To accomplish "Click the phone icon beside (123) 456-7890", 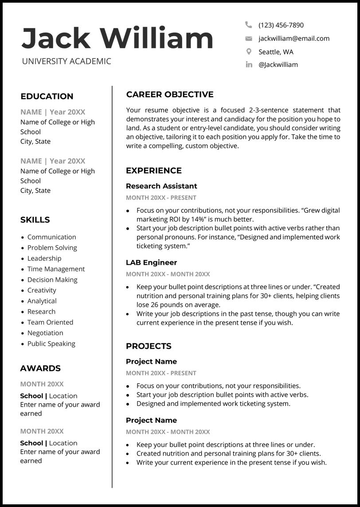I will (x=249, y=25).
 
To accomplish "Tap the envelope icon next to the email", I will (x=249, y=39).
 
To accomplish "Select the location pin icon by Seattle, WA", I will (x=249, y=51).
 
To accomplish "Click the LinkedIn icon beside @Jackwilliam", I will (x=249, y=65).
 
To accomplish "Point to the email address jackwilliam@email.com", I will (x=294, y=39).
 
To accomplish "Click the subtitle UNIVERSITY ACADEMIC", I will (x=67, y=61).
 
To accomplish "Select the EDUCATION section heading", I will (x=47, y=96).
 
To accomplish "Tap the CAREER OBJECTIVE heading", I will (x=170, y=94).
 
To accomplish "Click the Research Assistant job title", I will (x=161, y=186).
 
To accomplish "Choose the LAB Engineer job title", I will (x=151, y=263).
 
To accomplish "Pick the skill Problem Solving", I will (x=52, y=248).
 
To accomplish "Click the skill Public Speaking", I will (x=51, y=343).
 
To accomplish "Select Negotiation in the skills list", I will (x=45, y=333).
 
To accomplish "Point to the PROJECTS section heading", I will (x=149, y=346).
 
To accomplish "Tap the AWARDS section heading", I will (x=40, y=368).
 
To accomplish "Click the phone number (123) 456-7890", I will (x=281, y=25).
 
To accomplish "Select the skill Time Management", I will (x=56, y=269).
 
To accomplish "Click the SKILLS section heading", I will (x=35, y=220).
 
